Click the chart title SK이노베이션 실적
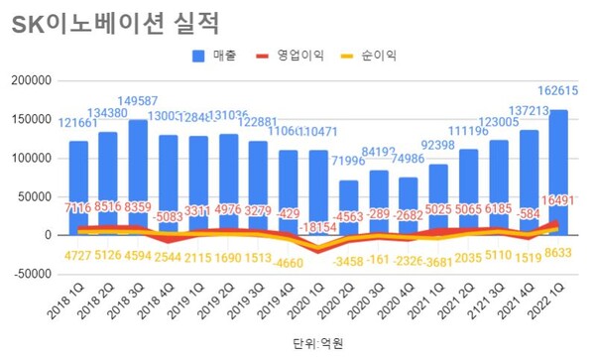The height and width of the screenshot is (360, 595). (x=116, y=22)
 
